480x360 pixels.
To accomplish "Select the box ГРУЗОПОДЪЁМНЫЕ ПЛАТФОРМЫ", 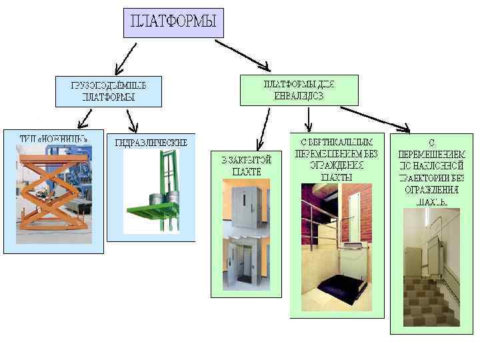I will pyautogui.click(x=108, y=91).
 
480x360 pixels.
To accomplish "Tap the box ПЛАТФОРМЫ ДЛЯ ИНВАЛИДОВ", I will pyautogui.click(x=299, y=90).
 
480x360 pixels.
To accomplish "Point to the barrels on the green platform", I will pyautogui.click(x=159, y=197).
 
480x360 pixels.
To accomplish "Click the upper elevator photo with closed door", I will pyautogui.click(x=241, y=208).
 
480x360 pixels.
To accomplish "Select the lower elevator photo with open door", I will pyautogui.click(x=241, y=264).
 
